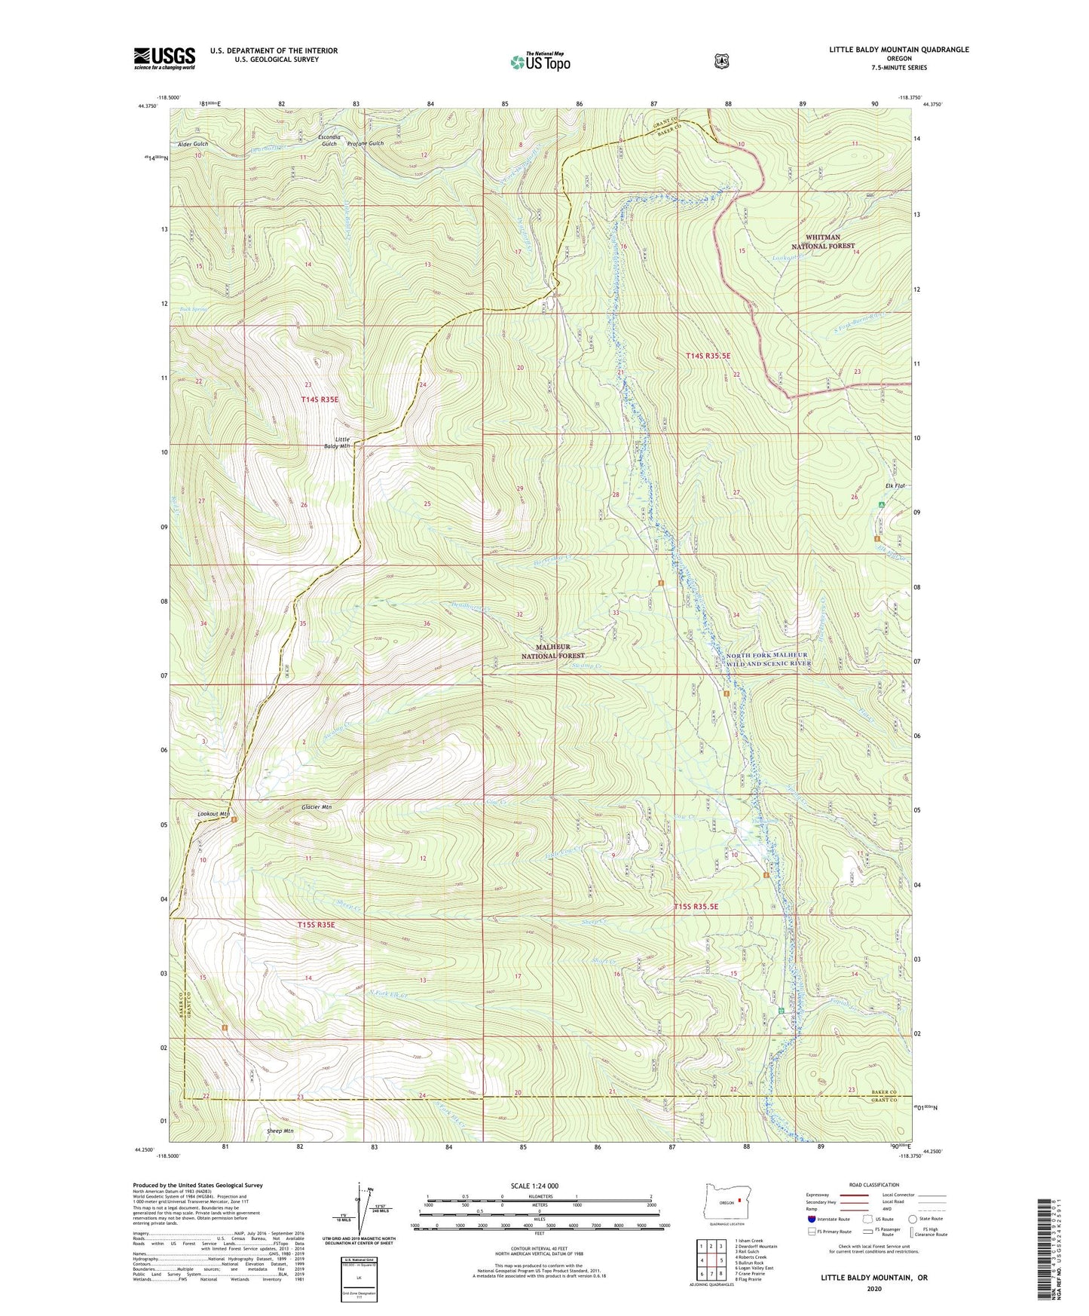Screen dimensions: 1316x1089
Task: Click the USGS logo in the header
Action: pyautogui.click(x=164, y=58)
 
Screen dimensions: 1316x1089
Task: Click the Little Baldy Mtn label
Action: pyautogui.click(x=342, y=442)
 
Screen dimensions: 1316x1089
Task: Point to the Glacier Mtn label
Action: pyautogui.click(x=317, y=806)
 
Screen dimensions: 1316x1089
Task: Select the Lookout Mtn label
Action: pyautogui.click(x=213, y=814)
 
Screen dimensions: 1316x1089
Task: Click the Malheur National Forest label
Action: pyautogui.click(x=553, y=651)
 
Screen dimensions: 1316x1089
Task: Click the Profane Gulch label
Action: pyautogui.click(x=366, y=143)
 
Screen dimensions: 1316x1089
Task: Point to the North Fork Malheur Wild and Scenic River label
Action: pyautogui.click(x=767, y=660)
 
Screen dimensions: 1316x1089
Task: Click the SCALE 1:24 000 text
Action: pyautogui.click(x=534, y=1186)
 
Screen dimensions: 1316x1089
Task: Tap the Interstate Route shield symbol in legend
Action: pyautogui.click(x=811, y=1219)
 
